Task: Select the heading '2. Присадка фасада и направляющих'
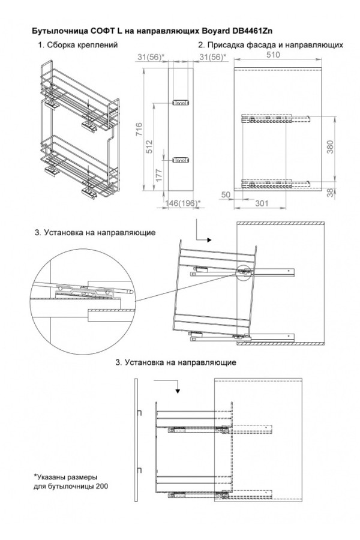coord(271,45)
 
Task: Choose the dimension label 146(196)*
coord(182,203)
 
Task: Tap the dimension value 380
coord(329,148)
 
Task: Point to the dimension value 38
coord(329,192)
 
